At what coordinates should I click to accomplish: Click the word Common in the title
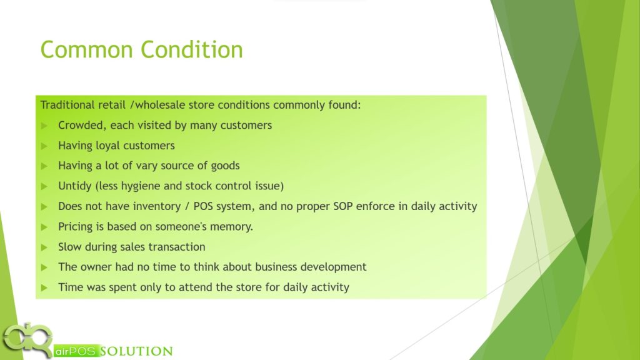[86, 50]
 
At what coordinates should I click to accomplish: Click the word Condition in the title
[192, 50]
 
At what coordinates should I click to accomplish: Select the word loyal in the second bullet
[107, 146]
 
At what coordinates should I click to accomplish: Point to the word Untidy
[75, 186]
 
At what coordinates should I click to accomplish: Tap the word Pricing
[76, 227]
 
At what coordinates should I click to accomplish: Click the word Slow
[69, 247]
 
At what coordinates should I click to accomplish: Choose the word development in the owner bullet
[334, 267]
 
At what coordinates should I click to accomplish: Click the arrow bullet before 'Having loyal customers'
[44, 146]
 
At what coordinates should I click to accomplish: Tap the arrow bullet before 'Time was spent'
[44, 287]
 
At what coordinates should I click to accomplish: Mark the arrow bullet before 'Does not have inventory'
[44, 207]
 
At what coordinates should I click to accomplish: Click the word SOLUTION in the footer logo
[136, 351]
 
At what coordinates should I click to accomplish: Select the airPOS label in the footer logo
[76, 351]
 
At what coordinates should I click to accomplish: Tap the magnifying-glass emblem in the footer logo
[27, 339]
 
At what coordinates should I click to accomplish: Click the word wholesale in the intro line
[160, 105]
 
